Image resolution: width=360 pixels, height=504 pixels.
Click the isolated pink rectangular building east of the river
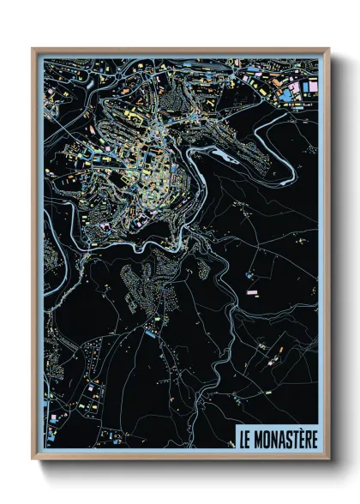253,292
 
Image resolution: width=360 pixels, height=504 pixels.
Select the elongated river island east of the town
225,156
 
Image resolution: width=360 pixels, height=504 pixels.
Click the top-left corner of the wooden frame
33,50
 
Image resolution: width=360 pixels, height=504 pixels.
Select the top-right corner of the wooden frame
328,50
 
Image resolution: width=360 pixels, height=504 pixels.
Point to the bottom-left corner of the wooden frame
33,459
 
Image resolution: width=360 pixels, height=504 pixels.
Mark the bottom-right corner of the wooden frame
328,459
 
